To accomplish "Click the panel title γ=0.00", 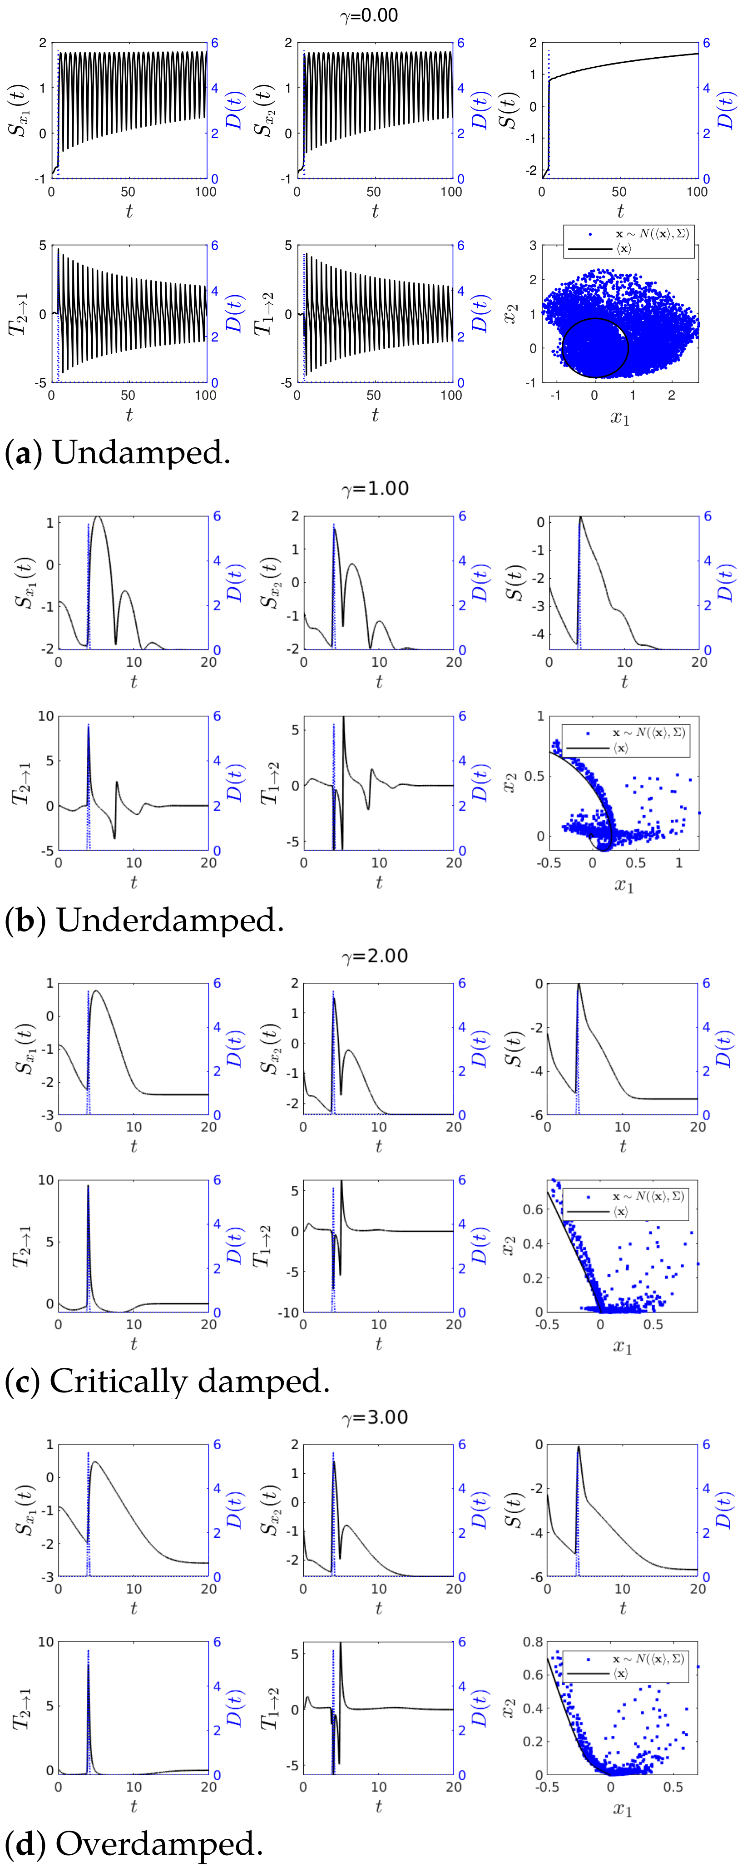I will point(369,15).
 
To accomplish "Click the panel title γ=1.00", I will point(375,488).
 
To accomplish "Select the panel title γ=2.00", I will point(375,956).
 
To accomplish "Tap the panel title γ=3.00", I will point(375,1417).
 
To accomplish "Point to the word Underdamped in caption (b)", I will point(170,921).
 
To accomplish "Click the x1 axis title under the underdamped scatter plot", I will point(623,885).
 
